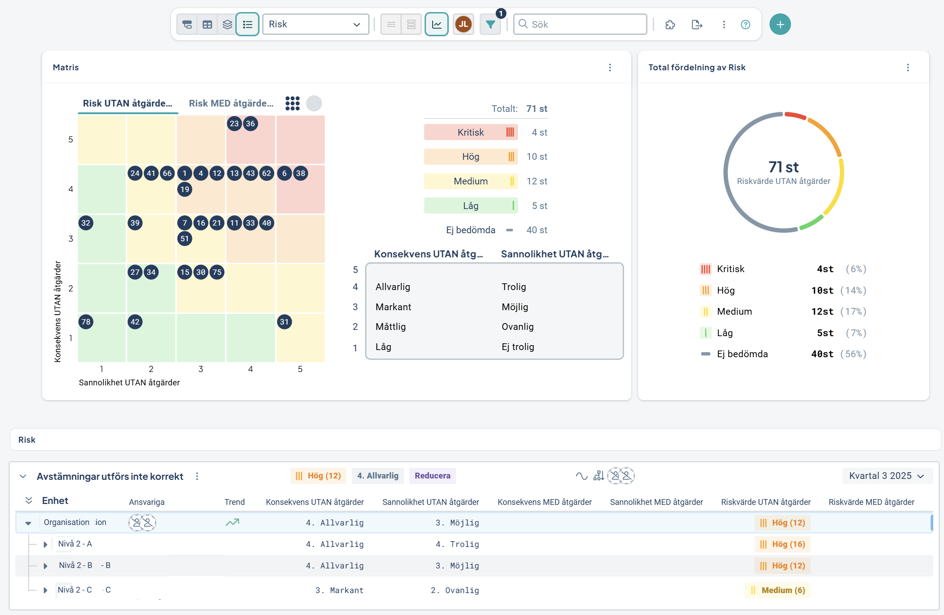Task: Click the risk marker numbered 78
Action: click(86, 322)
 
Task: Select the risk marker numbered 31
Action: click(285, 322)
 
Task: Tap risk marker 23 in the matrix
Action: click(234, 124)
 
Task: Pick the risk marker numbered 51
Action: click(185, 239)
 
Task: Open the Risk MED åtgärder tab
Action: click(231, 103)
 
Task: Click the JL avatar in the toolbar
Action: click(463, 24)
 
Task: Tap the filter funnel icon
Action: click(490, 24)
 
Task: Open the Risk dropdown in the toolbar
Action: click(315, 24)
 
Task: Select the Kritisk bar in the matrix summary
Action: click(471, 132)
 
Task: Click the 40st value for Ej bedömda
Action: click(822, 354)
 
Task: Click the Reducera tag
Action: click(433, 476)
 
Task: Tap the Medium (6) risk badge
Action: click(778, 590)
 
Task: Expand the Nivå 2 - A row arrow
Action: click(45, 544)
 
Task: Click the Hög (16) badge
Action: click(782, 544)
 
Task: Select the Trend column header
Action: click(234, 502)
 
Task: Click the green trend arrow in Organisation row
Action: click(232, 522)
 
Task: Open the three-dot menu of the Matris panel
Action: click(610, 68)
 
